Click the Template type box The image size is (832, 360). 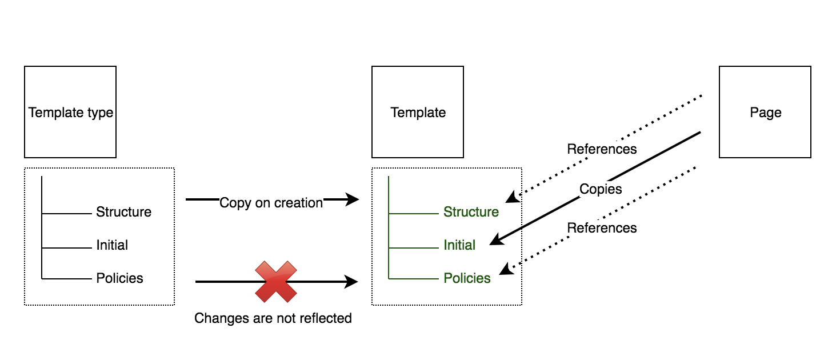[x=70, y=112]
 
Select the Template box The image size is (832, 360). [x=418, y=112]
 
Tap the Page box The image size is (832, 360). [x=765, y=112]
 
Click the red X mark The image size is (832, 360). [x=276, y=281]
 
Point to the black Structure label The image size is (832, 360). [x=123, y=212]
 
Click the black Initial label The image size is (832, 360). [x=112, y=245]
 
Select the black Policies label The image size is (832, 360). [x=119, y=278]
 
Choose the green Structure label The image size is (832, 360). [x=471, y=212]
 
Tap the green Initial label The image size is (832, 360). [x=459, y=245]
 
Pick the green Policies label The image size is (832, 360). [x=467, y=278]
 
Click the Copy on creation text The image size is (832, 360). [x=271, y=203]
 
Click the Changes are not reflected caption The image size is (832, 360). [x=273, y=318]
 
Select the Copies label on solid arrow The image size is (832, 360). [x=600, y=189]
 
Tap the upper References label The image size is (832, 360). [x=602, y=149]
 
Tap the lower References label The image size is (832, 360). [x=602, y=228]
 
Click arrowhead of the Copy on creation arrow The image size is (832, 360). [x=352, y=199]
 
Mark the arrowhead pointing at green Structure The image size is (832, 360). [x=511, y=198]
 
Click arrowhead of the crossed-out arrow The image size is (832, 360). [x=351, y=281]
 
